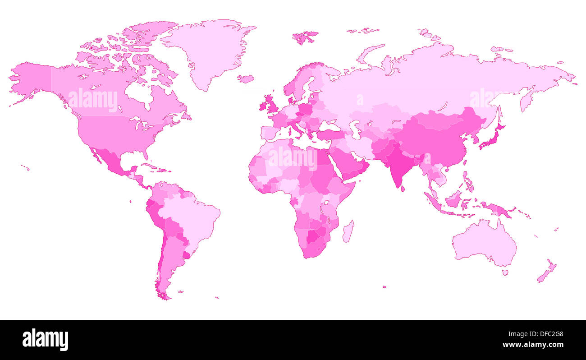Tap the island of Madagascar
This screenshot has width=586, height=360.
click(x=348, y=232)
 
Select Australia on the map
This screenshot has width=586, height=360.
click(x=485, y=244)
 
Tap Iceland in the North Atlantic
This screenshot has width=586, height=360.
click(x=246, y=79)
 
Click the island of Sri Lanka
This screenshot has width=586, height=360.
click(x=403, y=189)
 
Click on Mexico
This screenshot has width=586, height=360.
click(x=110, y=162)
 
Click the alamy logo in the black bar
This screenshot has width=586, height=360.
click(x=45, y=339)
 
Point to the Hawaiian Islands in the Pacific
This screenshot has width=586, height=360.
click(x=26, y=168)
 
